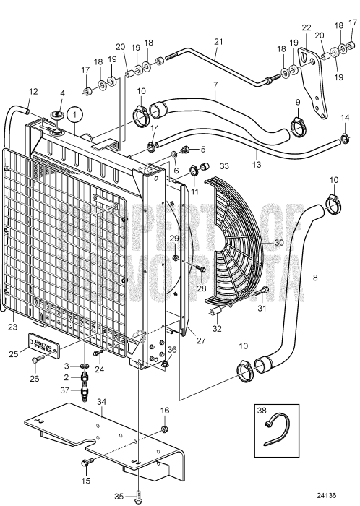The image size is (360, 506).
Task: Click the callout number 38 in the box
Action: pos(262,413)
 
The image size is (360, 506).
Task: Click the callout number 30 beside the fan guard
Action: pos(278,244)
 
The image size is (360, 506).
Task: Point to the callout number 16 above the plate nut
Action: pos(165,411)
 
